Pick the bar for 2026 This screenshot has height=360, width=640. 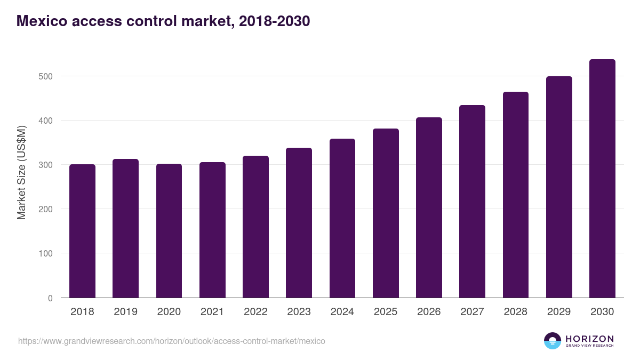click(x=429, y=207)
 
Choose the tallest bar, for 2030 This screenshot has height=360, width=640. click(x=602, y=179)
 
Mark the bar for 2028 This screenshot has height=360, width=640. click(x=516, y=195)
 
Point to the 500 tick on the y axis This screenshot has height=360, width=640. click(x=46, y=76)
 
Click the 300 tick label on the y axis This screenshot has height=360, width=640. click(x=46, y=165)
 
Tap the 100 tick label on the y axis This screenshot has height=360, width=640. click(x=46, y=253)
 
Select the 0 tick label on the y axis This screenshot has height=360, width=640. click(x=50, y=298)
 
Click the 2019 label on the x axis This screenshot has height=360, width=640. click(x=125, y=312)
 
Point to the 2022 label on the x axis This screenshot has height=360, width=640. click(x=255, y=312)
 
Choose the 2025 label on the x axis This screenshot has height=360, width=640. click(x=386, y=312)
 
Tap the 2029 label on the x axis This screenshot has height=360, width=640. click(x=559, y=312)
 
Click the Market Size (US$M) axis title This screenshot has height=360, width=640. click(x=21, y=172)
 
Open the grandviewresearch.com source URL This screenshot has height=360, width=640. click(x=171, y=341)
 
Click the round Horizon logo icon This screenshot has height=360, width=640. click(x=553, y=341)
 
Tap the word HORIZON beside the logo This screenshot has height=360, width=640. click(x=589, y=338)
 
